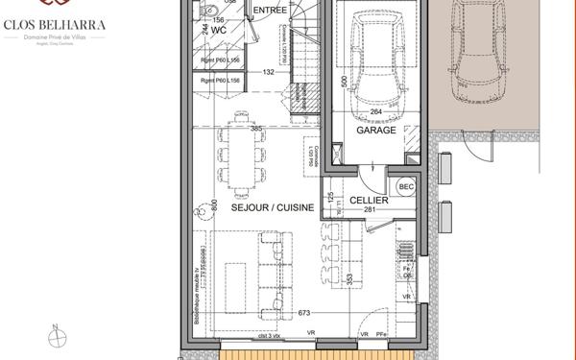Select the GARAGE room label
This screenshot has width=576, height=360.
[375, 131]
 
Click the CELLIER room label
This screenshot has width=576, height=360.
[369, 200]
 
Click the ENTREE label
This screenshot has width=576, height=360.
[269, 11]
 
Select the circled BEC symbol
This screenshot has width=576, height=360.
[406, 186]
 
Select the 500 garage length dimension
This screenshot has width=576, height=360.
[344, 81]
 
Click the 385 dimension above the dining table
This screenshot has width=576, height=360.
[256, 128]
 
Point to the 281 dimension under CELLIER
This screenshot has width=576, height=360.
[369, 209]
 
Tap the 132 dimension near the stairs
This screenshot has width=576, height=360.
[269, 72]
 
